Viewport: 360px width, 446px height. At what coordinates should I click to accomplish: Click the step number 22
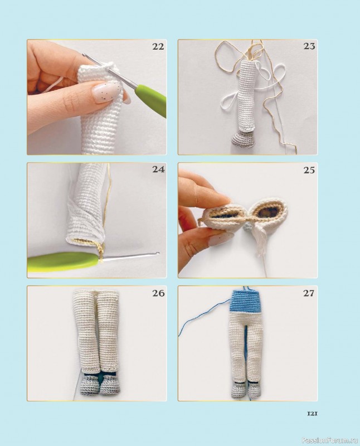158,46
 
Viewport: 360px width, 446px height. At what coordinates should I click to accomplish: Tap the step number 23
309,46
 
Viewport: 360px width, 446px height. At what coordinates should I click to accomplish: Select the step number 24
158,169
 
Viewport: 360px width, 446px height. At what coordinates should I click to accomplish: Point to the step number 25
309,170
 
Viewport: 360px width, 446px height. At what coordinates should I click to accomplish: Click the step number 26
158,293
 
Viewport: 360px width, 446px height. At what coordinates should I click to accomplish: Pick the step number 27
309,293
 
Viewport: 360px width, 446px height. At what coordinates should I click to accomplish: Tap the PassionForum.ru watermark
330,440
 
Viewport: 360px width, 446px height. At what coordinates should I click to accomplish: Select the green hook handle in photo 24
65,261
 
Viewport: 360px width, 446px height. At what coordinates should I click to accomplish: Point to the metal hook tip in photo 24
157,253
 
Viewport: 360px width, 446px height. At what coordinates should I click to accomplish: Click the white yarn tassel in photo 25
260,240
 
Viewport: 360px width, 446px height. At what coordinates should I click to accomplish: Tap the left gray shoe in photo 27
240,391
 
